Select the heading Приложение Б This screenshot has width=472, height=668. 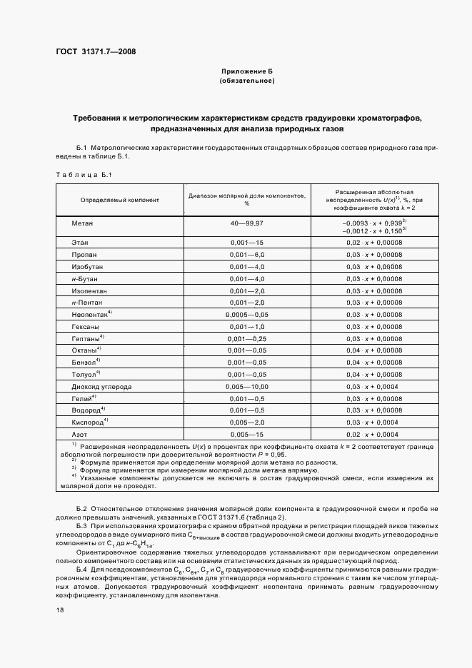(247, 73)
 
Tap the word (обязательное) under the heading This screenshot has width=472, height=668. (247, 81)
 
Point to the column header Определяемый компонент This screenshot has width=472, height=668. (119, 201)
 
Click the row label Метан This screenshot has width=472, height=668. (82, 223)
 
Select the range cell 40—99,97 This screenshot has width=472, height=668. (246, 223)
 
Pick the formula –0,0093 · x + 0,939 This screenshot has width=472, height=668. (373, 223)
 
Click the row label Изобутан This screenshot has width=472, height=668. (89, 265)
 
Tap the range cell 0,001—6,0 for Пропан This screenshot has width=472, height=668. (246, 254)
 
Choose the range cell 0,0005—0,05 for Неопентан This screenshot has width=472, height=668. (246, 314)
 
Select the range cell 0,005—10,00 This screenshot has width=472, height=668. (246, 386)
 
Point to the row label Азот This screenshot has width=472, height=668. (79, 434)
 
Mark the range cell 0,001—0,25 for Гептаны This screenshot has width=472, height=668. (246, 338)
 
